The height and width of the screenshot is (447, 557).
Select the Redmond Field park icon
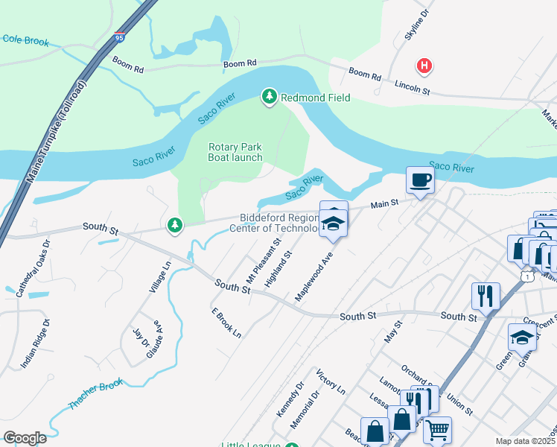(x=269, y=97)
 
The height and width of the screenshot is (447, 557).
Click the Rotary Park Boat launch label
(x=235, y=153)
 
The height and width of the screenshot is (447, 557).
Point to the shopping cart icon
(x=437, y=429)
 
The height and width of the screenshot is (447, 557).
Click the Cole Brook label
(x=26, y=40)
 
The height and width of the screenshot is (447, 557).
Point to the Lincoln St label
(x=413, y=89)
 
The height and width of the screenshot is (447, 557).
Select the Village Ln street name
(x=160, y=276)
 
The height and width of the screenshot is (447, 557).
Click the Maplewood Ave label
(x=313, y=276)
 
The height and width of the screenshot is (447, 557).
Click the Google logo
(x=25, y=438)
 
